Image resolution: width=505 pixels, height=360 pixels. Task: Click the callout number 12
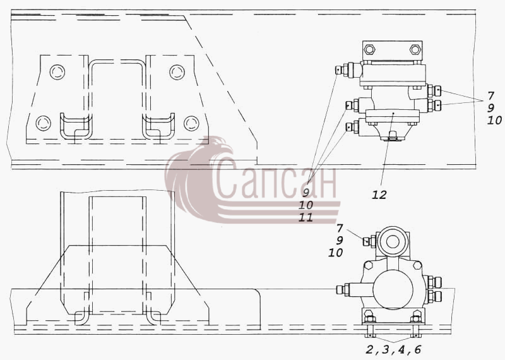coord(379,195)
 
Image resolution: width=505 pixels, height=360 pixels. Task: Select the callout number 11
coord(306,217)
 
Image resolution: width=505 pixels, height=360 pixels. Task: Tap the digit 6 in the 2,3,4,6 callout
coord(418,349)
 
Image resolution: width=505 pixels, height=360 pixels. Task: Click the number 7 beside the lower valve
coord(340,228)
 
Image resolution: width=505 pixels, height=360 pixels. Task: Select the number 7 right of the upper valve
coord(490,96)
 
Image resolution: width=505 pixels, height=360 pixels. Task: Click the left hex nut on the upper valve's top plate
coord(369,50)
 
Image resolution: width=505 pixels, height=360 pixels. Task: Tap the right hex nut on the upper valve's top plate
coord(415,50)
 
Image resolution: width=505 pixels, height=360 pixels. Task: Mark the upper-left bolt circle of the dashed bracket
coord(57,72)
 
